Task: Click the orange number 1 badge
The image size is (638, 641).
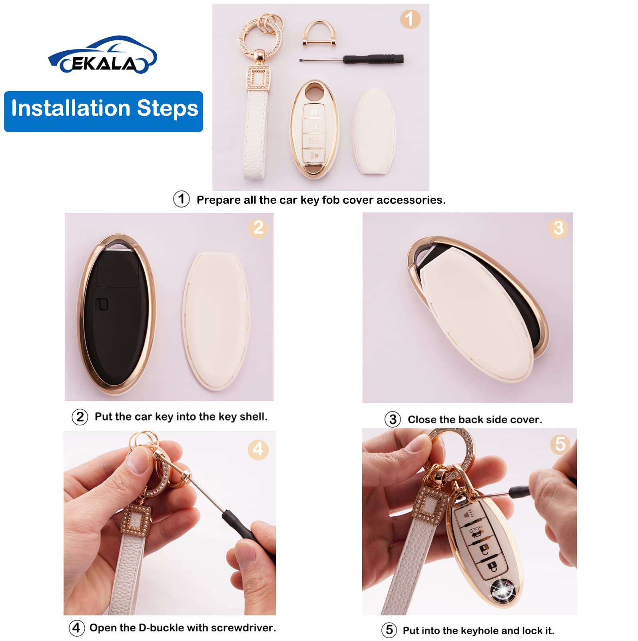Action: click(x=410, y=19)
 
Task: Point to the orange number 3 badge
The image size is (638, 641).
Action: click(x=558, y=228)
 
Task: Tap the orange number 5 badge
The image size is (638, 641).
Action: click(x=560, y=444)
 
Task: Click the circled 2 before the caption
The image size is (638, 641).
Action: click(x=80, y=417)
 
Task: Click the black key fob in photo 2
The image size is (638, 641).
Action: click(x=116, y=316)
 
